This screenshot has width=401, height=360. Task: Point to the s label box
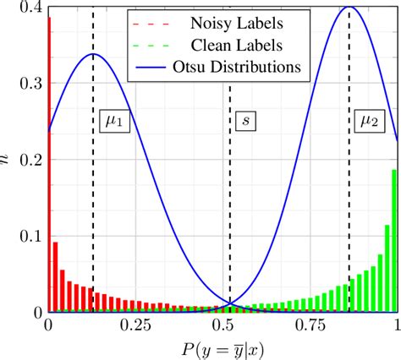[246, 123]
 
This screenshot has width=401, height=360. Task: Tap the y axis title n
[7, 160]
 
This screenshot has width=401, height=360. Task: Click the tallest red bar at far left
[50, 169]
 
